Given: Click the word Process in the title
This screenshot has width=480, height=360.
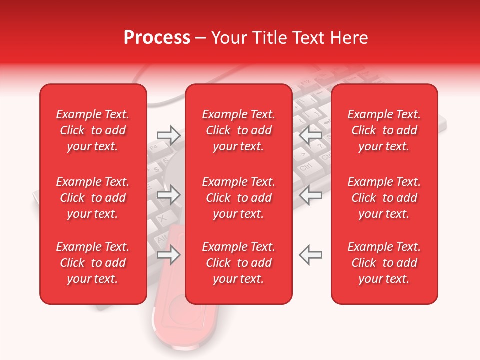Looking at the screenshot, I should pos(157,38).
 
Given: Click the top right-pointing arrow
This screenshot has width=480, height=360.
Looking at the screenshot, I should pos(168,135).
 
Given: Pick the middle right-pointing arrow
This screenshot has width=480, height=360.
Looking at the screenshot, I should pos(168,195).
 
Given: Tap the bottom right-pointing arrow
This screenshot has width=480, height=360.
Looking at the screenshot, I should pos(168,254).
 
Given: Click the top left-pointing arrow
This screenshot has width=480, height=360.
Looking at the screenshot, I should pos(310,135).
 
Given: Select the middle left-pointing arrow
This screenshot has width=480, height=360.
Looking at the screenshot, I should pos(310,195).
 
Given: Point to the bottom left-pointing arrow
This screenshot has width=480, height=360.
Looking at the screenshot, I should pos(310,254).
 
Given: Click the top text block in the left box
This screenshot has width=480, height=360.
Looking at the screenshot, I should pos(93,130).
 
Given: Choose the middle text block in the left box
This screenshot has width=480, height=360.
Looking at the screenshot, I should pos(93,198).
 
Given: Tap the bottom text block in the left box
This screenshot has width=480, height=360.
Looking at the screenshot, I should pos(93,263).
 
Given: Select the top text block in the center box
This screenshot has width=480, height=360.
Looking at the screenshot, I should pos(239,130).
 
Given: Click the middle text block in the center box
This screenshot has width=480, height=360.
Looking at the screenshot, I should pos(239,198).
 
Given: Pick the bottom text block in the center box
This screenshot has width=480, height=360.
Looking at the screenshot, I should pos(239,263).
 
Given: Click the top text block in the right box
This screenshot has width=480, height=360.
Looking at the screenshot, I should pos(384,130).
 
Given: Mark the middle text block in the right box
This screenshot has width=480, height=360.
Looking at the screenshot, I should pos(384,198).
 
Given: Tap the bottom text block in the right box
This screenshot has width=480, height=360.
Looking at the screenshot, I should pos(384,263).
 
